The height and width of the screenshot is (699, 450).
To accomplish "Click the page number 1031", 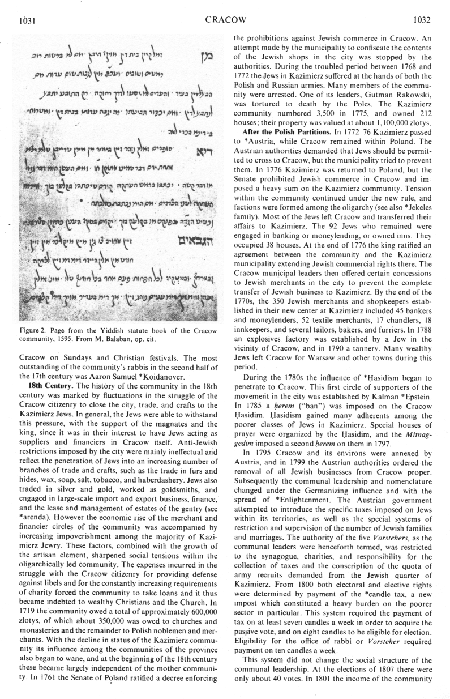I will (27, 20).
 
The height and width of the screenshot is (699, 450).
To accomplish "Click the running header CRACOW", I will (225, 20).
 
